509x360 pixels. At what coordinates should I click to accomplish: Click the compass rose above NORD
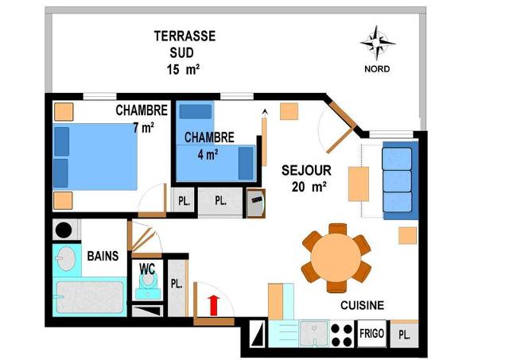377,43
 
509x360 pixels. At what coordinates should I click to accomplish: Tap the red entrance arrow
214,305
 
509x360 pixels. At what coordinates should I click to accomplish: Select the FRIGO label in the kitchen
371,333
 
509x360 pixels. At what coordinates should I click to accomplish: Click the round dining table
336,258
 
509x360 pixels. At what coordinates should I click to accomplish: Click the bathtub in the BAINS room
90,297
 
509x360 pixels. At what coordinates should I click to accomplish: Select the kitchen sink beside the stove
314,334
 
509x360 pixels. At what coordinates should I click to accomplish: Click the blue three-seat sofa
400,180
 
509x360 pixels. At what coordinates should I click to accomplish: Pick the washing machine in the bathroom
65,230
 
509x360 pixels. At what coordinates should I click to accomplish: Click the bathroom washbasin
66,259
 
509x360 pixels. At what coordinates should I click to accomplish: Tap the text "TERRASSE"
185,36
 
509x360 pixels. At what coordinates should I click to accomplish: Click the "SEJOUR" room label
306,171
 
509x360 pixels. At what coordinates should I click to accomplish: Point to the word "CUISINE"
362,305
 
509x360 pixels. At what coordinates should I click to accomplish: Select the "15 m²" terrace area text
183,69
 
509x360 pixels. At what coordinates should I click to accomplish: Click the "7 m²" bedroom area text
143,127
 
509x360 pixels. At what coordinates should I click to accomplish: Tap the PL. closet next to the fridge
404,335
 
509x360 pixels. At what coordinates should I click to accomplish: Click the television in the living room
256,203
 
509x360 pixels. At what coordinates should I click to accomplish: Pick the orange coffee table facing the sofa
359,184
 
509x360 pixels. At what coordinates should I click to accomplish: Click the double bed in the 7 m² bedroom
95,157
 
